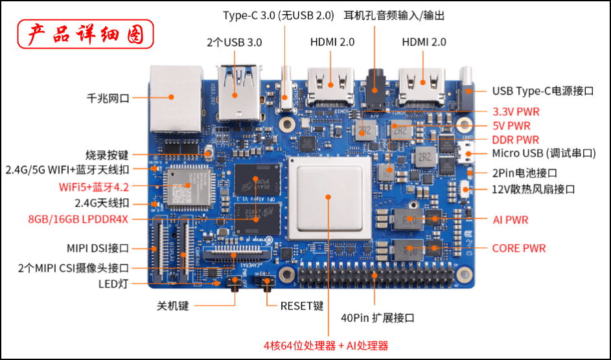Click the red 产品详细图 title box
86,34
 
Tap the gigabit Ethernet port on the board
176,99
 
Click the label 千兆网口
108,98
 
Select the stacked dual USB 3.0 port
239,93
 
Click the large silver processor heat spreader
329,198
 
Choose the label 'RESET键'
302,306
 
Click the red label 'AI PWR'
511,220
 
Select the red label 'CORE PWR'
519,248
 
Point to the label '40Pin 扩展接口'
378,318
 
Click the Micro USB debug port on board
466,153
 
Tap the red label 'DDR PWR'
516,140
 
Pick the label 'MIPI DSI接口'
98,248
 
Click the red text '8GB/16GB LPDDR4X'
78,219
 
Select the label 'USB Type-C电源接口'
543,91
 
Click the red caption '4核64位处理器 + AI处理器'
326,346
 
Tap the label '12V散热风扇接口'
533,190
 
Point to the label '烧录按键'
107,155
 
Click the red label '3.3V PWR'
516,112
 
